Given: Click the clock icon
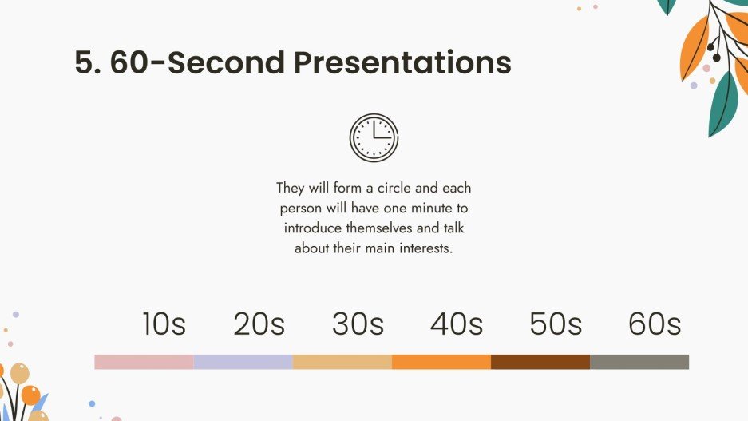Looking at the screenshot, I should point(374,138).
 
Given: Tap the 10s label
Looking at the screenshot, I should point(164,324).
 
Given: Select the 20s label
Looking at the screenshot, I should point(259,324).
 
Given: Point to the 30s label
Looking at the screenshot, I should point(358,324).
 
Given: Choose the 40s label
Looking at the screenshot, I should point(457,324).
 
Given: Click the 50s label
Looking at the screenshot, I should point(556,324).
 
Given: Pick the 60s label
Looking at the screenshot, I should point(655,324).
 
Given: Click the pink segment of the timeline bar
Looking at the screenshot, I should point(144,362).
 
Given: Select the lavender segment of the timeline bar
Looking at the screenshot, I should point(243,362).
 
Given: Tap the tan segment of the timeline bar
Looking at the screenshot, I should point(342,362).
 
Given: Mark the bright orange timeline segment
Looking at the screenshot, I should point(441,362).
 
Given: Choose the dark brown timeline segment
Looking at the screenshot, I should point(540,362).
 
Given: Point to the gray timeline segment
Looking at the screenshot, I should point(639,362).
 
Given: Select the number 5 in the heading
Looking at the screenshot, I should point(84,63).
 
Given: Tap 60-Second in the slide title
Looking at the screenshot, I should point(197,63).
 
